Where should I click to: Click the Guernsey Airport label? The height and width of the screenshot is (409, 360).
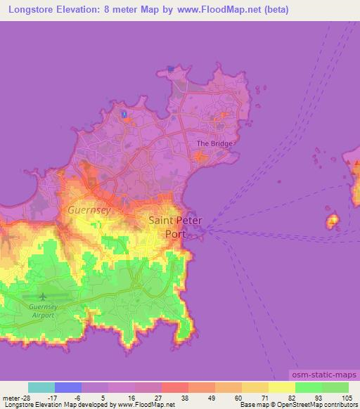44,311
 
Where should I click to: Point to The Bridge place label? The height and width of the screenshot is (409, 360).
214,143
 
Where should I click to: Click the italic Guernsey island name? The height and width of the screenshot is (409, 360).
89,209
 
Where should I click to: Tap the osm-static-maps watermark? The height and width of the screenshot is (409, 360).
323,377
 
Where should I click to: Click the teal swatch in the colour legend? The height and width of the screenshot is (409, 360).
41,387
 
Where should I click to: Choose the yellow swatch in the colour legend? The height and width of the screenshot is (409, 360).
282,387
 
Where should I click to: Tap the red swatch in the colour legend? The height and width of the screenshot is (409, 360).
175,387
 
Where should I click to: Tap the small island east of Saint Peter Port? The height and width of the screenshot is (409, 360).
333,223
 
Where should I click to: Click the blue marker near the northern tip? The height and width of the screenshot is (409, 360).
124,114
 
